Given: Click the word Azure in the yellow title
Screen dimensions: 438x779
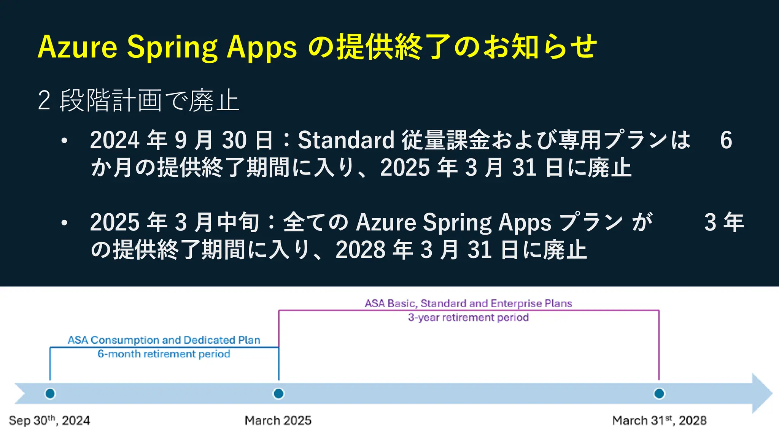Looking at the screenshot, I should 78,47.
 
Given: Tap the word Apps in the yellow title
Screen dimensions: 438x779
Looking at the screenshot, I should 262,47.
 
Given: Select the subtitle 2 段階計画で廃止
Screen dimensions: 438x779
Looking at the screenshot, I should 138,101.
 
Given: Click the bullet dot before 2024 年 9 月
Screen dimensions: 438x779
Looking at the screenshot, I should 64,141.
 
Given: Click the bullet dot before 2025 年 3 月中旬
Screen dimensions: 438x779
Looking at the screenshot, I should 64,223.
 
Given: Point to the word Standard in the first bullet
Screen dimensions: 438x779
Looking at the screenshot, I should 346,140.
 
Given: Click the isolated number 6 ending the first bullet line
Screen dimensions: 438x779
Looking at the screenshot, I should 726,140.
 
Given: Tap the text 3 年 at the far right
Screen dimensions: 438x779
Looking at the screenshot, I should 724,222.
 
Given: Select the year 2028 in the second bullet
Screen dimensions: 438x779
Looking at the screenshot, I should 361,250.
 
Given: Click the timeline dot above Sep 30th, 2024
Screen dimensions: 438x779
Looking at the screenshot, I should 50,394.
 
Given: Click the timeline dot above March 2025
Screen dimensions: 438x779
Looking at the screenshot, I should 278,394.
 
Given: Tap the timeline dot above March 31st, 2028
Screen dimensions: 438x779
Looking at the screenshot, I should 659,394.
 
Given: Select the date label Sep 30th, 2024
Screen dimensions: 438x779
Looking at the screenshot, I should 49,421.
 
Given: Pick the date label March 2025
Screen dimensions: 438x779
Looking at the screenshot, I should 278,421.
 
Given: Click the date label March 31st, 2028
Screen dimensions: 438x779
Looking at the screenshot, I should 659,421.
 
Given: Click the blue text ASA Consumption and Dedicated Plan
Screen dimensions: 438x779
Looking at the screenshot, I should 164,340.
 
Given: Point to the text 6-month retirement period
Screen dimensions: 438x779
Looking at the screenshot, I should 164,354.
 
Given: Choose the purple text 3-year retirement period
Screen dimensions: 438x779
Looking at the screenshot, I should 468,317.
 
